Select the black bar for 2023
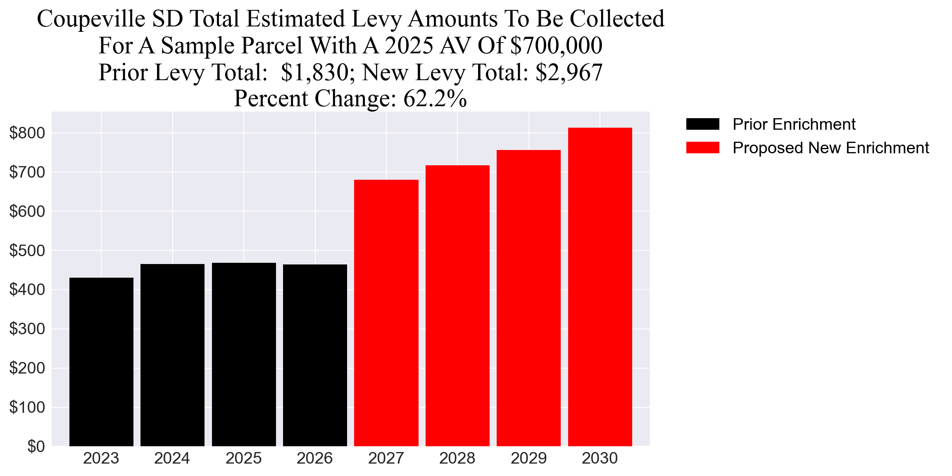click(101, 362)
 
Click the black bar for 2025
click(244, 354)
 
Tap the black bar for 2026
click(315, 355)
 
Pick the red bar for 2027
click(386, 313)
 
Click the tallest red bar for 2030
click(600, 287)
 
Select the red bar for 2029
click(528, 298)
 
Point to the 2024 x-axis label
click(172, 458)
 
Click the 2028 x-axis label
click(457, 458)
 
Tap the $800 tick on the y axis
click(27, 133)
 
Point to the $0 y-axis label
click(36, 446)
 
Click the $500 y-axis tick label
click(27, 250)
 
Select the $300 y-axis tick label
click(27, 329)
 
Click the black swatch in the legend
click(702, 124)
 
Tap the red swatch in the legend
click(702, 148)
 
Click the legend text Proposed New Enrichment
click(831, 148)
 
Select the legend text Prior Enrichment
click(794, 124)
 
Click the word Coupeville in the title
click(91, 19)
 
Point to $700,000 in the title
click(556, 45)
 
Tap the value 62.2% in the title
click(435, 98)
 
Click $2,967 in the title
click(569, 72)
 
